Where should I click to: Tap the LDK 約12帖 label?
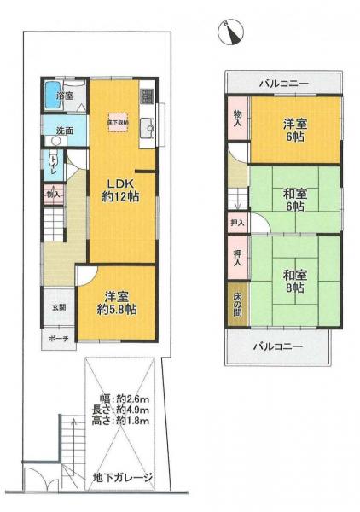[x=123, y=190]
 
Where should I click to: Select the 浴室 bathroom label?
[x=65, y=96]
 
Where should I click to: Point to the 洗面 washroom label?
[x=65, y=131]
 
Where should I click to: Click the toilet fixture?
[x=54, y=160]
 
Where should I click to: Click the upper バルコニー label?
[x=284, y=83]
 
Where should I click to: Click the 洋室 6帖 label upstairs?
[x=296, y=130]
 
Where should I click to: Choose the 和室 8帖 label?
[x=293, y=281]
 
